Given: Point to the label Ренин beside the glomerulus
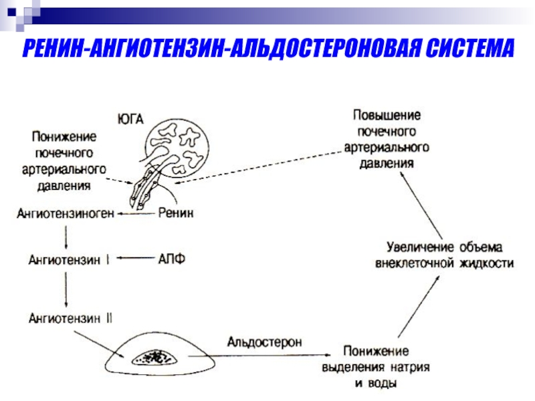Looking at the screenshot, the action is click(177, 213).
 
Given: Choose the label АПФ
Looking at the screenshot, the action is click(172, 259).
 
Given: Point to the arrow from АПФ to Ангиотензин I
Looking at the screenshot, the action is click(137, 259).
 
